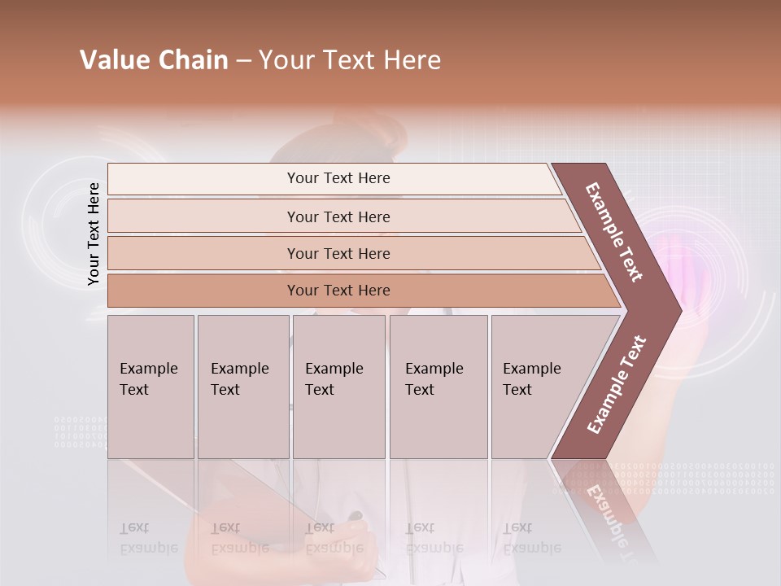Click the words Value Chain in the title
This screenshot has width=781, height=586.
[x=154, y=60]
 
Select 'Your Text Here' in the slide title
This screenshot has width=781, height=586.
[x=350, y=60]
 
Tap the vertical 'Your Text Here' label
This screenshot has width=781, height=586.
[x=94, y=234]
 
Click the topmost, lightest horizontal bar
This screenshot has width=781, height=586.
[x=338, y=178]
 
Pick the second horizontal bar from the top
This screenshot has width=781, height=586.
[x=338, y=216]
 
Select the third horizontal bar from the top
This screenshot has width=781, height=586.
[x=338, y=253]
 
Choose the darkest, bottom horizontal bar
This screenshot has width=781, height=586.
[x=338, y=291]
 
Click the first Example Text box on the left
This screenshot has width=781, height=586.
[x=151, y=387]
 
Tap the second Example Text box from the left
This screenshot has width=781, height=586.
[x=242, y=387]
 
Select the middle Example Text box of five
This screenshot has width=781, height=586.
[x=338, y=387]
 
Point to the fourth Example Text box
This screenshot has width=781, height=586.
[x=438, y=387]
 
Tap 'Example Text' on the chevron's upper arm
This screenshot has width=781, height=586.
[x=615, y=232]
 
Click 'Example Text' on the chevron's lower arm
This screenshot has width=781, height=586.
[x=616, y=385]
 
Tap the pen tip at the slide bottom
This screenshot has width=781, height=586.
[x=356, y=516]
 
